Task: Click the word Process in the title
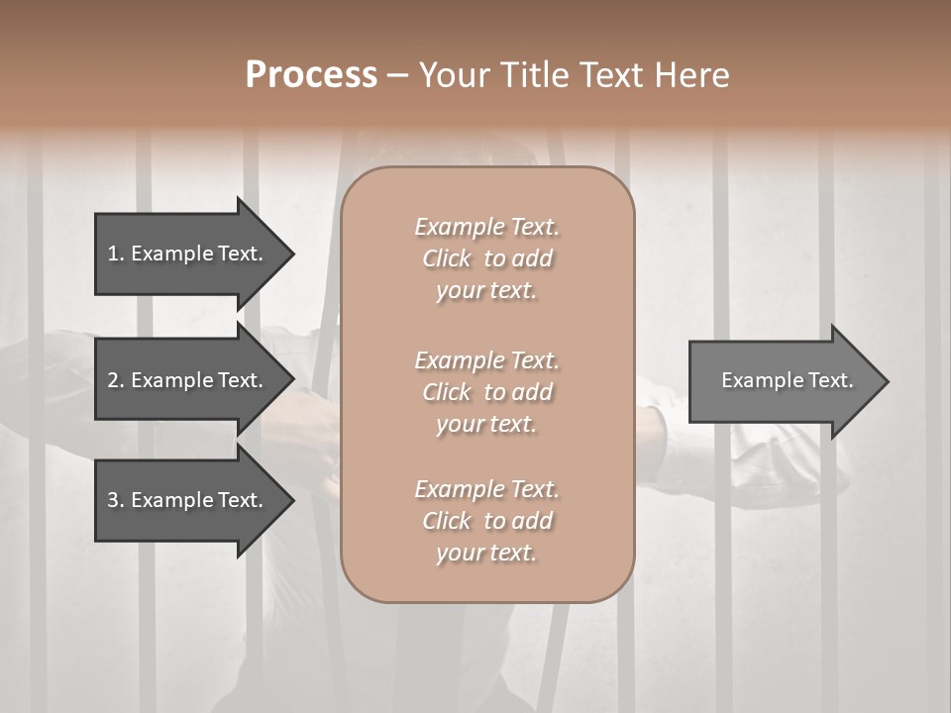[311, 75]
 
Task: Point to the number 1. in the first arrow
[116, 254]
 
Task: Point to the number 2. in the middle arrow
[116, 380]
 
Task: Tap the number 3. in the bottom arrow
[116, 500]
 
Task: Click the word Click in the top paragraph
[447, 258]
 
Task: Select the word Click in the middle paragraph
[447, 392]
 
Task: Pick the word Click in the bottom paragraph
[447, 521]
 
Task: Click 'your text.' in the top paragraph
[486, 291]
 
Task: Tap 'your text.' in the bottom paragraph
[486, 554]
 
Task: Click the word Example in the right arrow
[756, 380]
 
